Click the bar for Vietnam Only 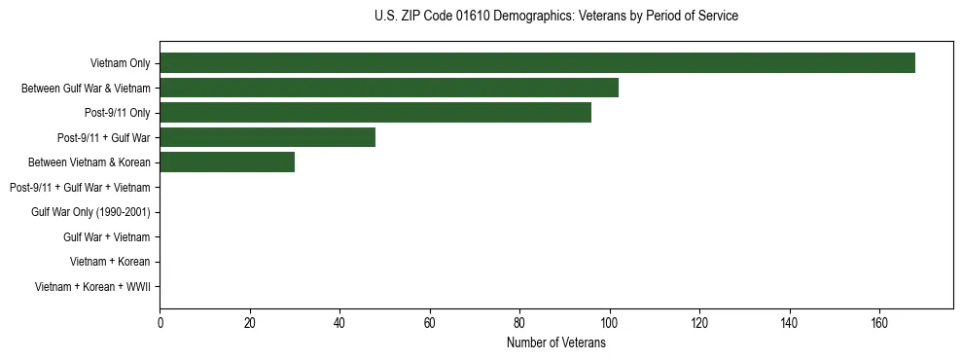point(537,63)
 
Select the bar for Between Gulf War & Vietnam point(389,88)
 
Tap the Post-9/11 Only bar point(375,113)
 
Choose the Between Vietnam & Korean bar point(227,162)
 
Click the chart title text point(555,16)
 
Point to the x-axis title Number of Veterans point(555,342)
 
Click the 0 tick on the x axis point(160,323)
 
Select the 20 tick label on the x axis point(250,323)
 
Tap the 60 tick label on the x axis point(430,323)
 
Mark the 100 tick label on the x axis point(609,323)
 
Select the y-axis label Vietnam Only point(120,63)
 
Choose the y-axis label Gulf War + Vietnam point(106,237)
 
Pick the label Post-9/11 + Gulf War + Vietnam point(80,187)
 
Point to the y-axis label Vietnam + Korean point(110,262)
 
